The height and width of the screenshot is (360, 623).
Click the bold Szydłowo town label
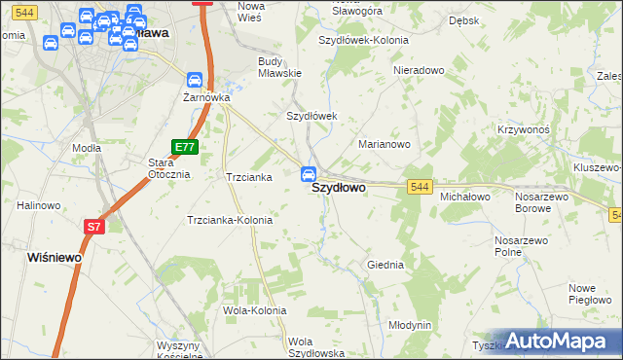(339, 191)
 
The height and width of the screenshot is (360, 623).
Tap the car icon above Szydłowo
(309, 174)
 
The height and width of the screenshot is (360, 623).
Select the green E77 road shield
(185, 147)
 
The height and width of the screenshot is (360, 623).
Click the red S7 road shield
(92, 227)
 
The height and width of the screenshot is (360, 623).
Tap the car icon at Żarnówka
(194, 80)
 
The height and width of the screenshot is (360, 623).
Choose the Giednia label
(385, 265)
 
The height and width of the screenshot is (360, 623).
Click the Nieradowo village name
(419, 71)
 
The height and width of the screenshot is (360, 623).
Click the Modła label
(87, 148)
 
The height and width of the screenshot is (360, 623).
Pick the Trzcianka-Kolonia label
(230, 220)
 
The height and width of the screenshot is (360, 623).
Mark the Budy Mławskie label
(279, 67)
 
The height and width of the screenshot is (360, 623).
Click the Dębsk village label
(463, 20)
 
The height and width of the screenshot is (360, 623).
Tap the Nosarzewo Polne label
(523, 245)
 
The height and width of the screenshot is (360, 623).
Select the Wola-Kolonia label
(254, 311)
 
